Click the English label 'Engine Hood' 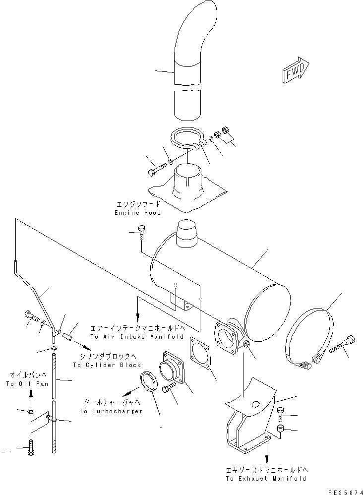pos(137,213)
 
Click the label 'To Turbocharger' pos(111,411)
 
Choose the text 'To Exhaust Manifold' pos(266,479)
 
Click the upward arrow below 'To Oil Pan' pos(31,395)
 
